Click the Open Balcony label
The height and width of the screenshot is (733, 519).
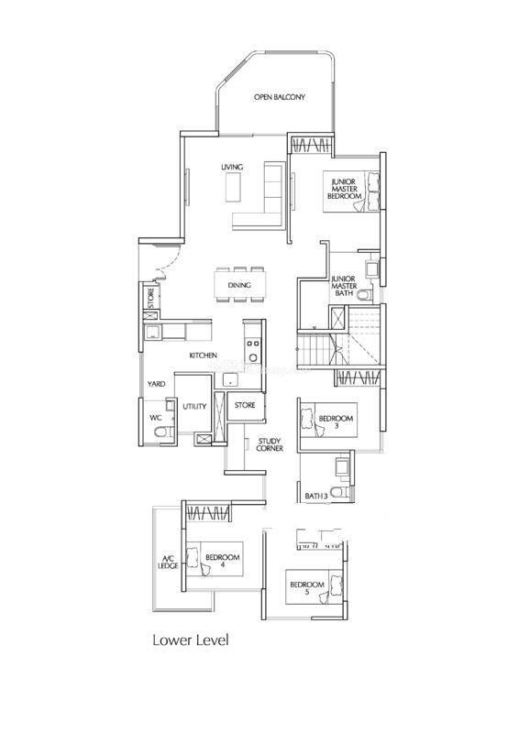(x=280, y=97)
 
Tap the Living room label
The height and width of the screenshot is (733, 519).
(x=232, y=167)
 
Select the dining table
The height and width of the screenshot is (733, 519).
(x=239, y=285)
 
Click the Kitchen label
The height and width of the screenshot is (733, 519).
(x=204, y=356)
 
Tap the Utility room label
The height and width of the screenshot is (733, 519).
(x=194, y=406)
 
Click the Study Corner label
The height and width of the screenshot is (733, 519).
(x=269, y=444)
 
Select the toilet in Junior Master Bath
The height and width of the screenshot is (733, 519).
(x=364, y=295)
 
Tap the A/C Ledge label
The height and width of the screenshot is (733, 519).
(x=168, y=562)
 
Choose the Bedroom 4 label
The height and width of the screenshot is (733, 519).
(x=222, y=561)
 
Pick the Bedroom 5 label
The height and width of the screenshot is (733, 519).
(x=307, y=587)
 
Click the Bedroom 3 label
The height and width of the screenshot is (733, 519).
(x=336, y=421)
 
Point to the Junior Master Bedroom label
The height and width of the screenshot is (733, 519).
(x=345, y=189)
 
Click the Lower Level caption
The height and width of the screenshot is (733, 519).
(x=191, y=640)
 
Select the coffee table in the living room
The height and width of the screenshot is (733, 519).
(x=234, y=187)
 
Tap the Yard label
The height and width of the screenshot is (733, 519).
(x=156, y=384)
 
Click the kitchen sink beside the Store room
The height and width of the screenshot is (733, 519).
(x=230, y=380)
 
